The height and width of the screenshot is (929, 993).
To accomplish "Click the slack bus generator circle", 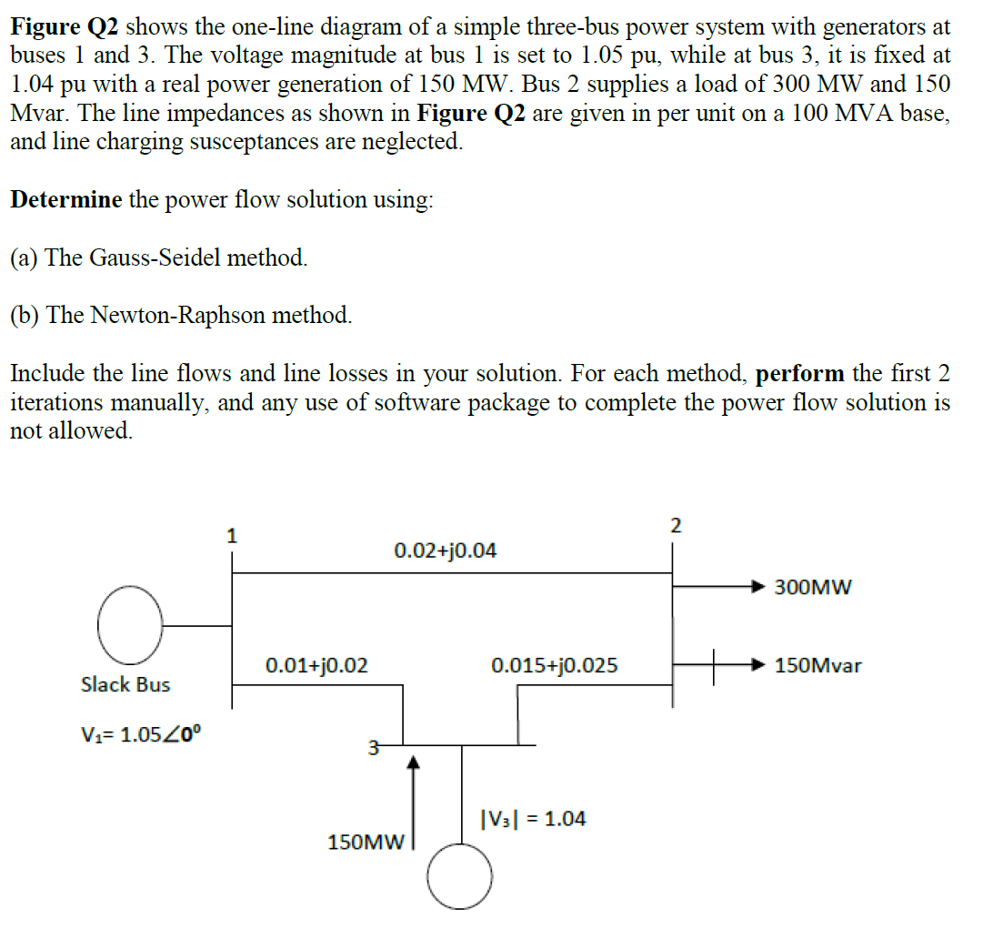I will coord(131,625).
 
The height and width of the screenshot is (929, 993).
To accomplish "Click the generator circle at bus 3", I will coord(460,875).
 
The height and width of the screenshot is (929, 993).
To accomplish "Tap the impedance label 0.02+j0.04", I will coord(445,550).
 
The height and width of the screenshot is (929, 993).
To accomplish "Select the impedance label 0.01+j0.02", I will coord(316,665).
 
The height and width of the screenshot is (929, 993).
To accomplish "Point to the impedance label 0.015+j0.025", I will coord(554,665).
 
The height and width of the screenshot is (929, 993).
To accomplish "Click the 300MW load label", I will coord(813,587).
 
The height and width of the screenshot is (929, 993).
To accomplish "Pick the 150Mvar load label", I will coord(817,665).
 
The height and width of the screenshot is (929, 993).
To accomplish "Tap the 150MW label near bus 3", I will coord(365,843).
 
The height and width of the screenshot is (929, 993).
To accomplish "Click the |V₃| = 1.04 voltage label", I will coord(532,819).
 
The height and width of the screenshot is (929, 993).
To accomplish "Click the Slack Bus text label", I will coord(125,684).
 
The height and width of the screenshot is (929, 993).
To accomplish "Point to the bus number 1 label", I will coord(232,536).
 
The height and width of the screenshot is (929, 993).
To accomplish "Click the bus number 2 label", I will coord(675,525).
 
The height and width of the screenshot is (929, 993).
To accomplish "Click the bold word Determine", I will coord(65,200).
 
